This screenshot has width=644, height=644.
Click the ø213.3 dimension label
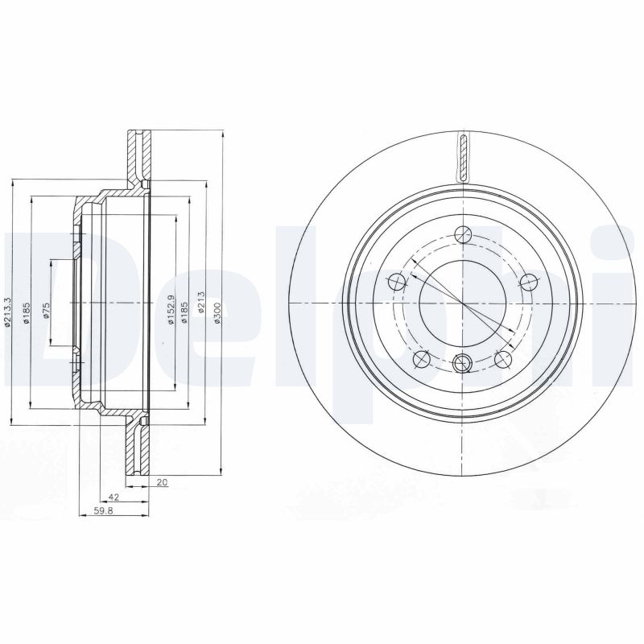click(8, 310)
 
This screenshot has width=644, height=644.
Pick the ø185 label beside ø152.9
click(184, 311)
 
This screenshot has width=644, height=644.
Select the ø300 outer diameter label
click(217, 311)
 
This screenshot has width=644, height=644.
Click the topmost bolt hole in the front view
click(461, 234)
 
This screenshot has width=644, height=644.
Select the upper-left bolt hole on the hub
click(396, 282)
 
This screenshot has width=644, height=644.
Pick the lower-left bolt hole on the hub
click(420, 359)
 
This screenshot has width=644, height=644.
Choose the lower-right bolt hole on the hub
click(502, 359)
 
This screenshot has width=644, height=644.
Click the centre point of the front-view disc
click(462, 303)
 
